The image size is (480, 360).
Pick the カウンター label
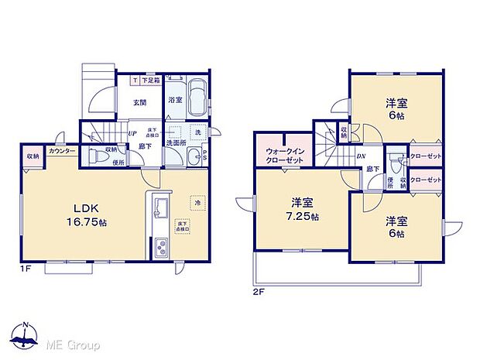(x=62, y=151)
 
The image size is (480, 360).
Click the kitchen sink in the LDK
(x=163, y=210)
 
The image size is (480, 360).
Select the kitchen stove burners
(x=163, y=249)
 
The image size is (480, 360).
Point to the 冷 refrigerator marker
(x=197, y=204)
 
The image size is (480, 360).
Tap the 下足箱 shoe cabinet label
(x=150, y=81)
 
